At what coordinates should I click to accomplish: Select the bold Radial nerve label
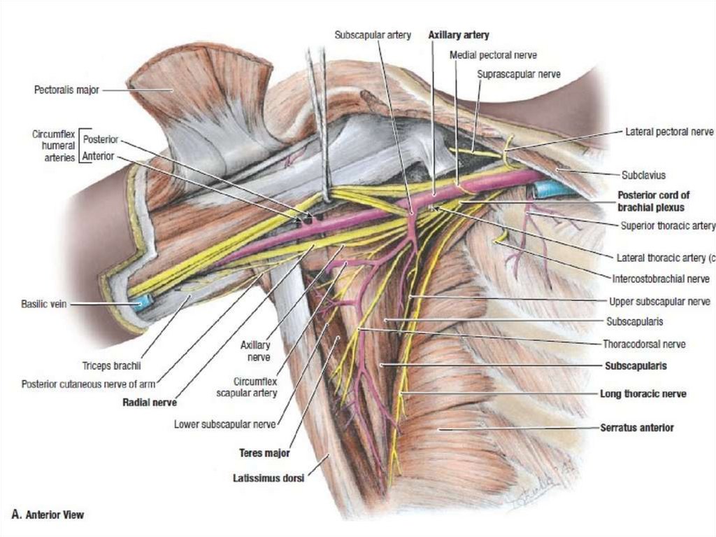150,403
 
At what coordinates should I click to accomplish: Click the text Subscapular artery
378,34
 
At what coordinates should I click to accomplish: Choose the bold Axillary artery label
458,34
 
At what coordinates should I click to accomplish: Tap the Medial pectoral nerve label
493,55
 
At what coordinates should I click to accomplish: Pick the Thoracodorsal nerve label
644,344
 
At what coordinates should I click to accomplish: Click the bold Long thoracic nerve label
643,394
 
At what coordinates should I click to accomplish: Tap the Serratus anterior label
636,427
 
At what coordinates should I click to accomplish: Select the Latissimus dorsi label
268,479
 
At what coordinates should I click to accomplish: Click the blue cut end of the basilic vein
143,302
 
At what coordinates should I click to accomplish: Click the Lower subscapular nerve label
225,424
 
